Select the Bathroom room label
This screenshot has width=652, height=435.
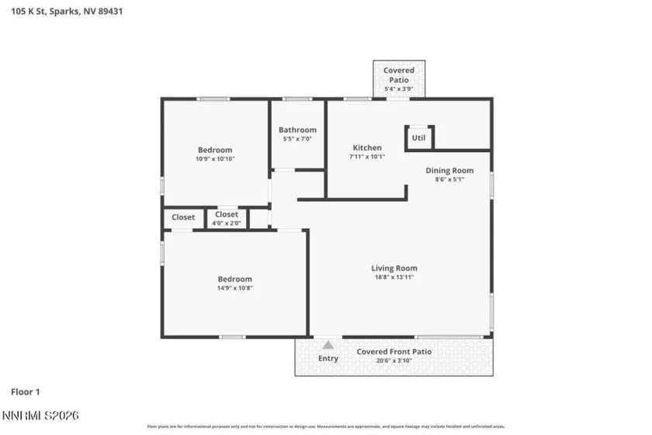[x=297, y=130]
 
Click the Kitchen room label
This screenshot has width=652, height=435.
[x=367, y=148]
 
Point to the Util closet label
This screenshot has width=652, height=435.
[x=418, y=137]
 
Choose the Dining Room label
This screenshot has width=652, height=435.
[x=449, y=170]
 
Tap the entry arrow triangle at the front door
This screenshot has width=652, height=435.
[x=328, y=345]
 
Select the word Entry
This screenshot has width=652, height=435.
[x=328, y=358]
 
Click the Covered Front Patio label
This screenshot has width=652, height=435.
[x=394, y=351]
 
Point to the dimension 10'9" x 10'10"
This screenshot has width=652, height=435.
[x=214, y=158]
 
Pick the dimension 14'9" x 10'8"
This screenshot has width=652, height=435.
[x=234, y=287]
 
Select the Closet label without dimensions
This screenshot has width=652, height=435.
[x=183, y=217]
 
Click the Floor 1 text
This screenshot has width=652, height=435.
[x=26, y=391]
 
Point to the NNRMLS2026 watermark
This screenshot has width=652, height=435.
[x=40, y=417]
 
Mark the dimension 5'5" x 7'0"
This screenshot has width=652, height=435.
[x=297, y=139]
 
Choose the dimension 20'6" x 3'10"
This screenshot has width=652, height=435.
[x=394, y=360]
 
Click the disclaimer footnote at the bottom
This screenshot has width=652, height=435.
[x=326, y=426]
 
